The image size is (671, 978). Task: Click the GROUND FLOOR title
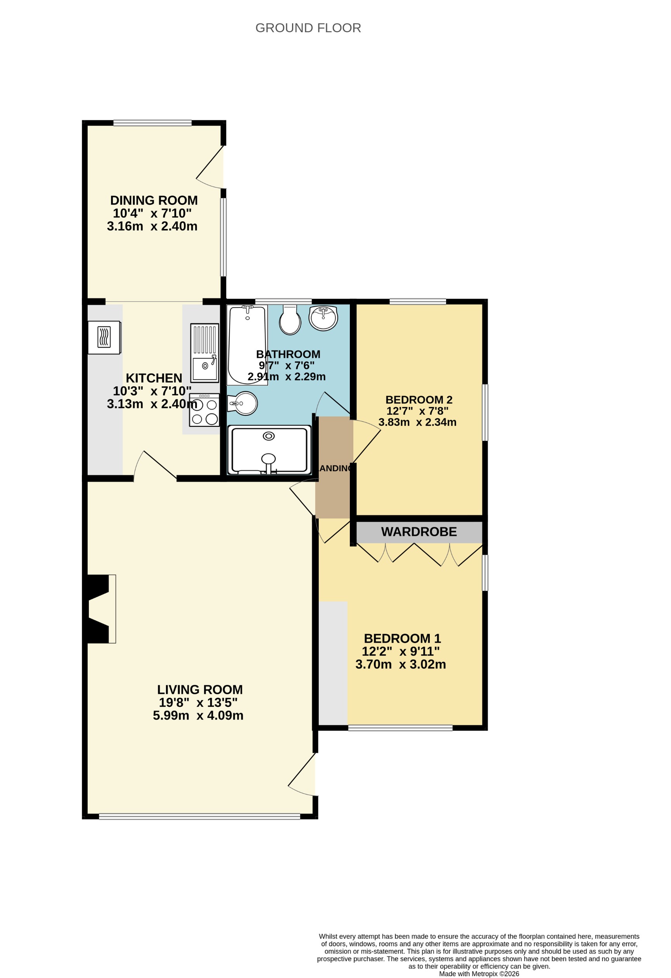pos(308,28)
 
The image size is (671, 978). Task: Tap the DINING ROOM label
pos(154,200)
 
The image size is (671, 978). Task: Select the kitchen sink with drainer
pos(204,353)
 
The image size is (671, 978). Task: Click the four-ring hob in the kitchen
pos(204,410)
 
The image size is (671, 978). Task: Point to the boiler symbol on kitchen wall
pos(104,338)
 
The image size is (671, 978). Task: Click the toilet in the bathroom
pos(290,321)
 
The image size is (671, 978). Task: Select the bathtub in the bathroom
pos(247,345)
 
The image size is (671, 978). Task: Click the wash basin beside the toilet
pos(323,318)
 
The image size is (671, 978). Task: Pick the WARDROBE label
pos(419,532)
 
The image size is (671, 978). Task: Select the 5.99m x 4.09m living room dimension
pos(198,715)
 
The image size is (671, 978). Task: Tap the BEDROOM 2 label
pos(419,399)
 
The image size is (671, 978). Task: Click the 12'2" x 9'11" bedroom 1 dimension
pos(401,652)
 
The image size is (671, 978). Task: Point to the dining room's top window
pos(152,123)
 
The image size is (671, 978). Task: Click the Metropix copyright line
pos(479,973)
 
